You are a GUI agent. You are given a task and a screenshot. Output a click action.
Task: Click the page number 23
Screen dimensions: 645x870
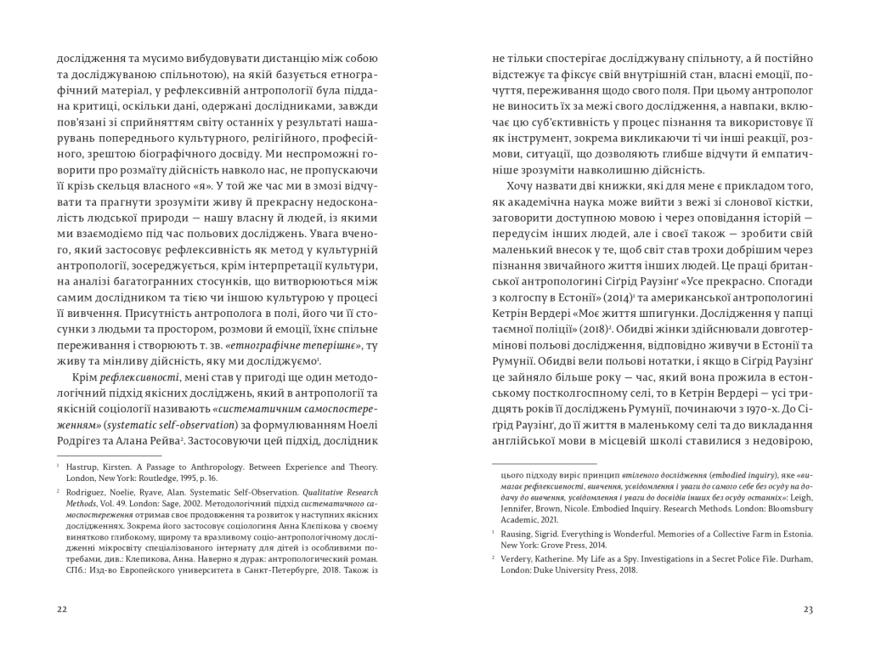pyautogui.click(x=808, y=608)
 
